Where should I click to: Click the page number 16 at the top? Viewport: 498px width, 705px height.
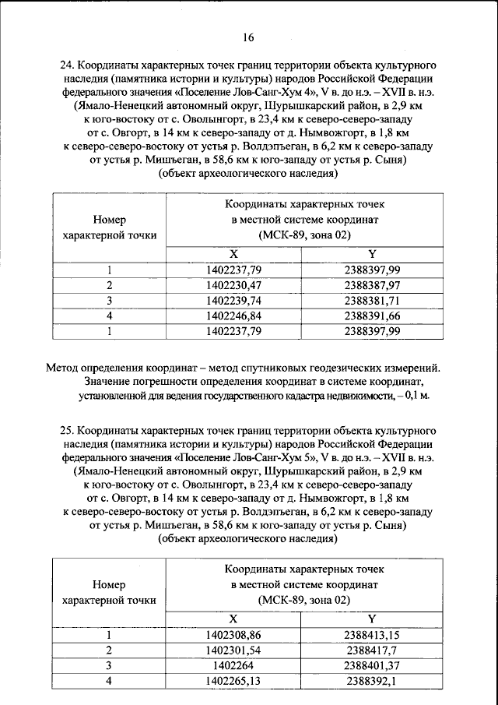(248, 37)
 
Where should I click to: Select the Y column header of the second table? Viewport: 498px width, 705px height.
(371, 619)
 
